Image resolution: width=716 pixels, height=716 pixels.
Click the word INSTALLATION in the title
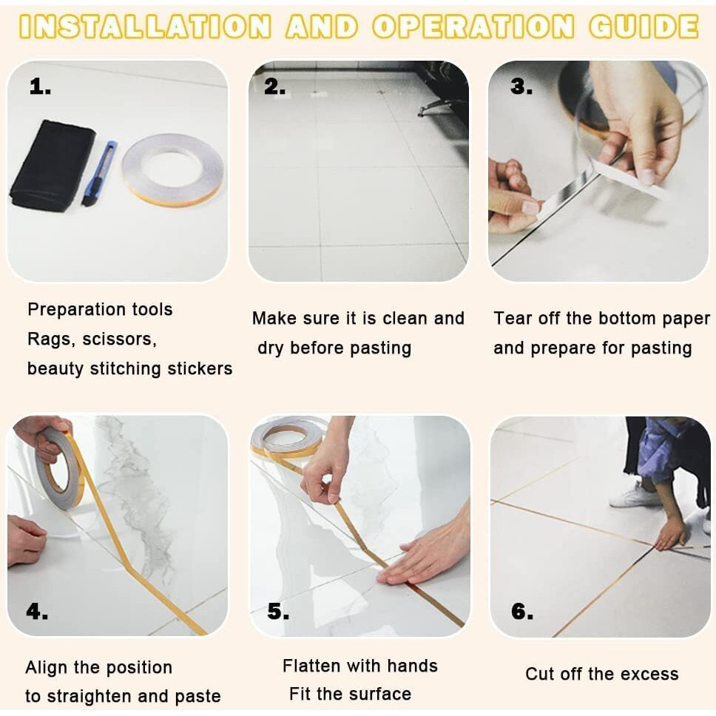click(x=145, y=27)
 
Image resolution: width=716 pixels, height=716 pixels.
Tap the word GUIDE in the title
click(x=644, y=27)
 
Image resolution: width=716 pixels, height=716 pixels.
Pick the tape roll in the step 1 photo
click(x=172, y=170)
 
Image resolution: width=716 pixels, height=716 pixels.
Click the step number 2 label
click(x=275, y=87)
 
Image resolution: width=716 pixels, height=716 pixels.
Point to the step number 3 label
click(x=521, y=87)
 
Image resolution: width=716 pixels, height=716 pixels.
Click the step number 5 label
click(x=278, y=611)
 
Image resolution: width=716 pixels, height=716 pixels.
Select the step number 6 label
click(x=522, y=611)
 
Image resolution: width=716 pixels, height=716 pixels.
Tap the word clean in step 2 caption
click(x=405, y=318)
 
